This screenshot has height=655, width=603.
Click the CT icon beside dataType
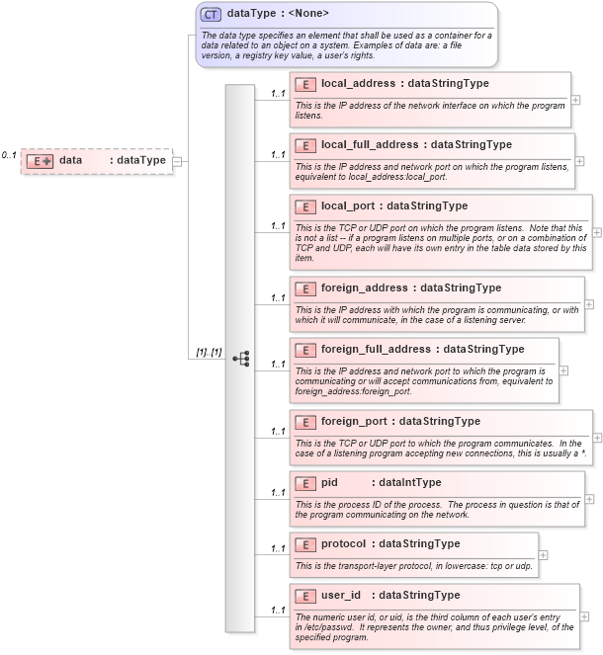[211, 14]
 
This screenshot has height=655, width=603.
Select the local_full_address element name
[369, 145]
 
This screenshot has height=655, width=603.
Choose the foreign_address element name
[364, 288]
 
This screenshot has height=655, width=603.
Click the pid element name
[330, 483]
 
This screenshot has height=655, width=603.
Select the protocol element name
[343, 544]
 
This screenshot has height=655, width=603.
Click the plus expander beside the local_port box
[596, 233]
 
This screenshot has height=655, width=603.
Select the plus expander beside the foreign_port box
[596, 438]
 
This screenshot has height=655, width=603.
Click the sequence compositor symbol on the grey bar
[240, 359]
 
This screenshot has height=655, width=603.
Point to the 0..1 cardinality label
[9, 155]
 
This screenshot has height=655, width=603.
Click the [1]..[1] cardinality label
[209, 353]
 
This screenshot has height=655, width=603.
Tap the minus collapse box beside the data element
[177, 161]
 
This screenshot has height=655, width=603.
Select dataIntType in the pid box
[410, 483]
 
